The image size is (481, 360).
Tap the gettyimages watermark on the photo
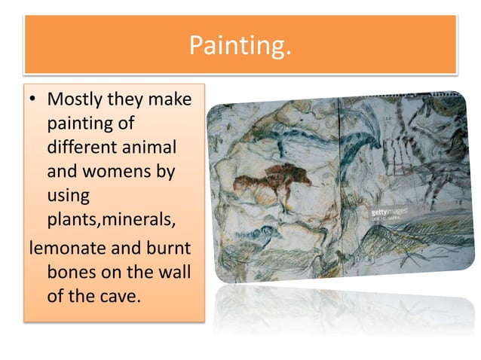(x=388, y=214)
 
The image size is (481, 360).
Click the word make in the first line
(x=172, y=99)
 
